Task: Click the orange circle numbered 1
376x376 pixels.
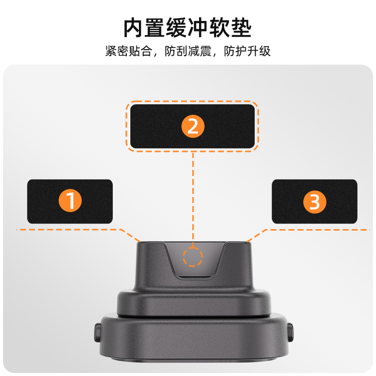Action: pos(70,201)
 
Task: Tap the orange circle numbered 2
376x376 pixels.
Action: pos(193,126)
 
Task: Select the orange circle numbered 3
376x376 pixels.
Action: pos(315,202)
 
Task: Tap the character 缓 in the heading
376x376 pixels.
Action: pos(176,28)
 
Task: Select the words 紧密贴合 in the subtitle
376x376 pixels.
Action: pos(129,51)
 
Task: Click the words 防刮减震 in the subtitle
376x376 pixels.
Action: pos(188,51)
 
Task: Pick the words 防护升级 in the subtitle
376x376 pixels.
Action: pos(247,51)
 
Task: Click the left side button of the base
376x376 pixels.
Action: pos(97,332)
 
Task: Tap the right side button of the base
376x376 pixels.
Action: pos(290,332)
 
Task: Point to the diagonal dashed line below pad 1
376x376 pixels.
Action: pos(130,235)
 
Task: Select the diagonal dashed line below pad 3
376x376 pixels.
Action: pos(256,236)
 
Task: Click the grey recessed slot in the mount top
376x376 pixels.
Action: pos(195,260)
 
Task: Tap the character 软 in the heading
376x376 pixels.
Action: pos(220,28)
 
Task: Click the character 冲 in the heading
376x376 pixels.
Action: pos(198,28)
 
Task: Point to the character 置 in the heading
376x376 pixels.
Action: pos(155,28)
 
